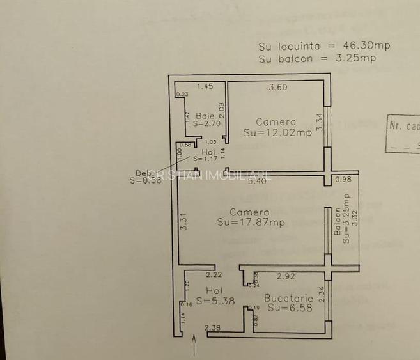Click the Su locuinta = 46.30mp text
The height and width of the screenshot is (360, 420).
pos(324,46)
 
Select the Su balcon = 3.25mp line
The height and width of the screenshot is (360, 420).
pos(317,58)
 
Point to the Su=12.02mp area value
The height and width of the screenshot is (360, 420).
pos(277,133)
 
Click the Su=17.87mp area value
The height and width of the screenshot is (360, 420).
pos(251,223)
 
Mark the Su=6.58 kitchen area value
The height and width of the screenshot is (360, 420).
pos(290,308)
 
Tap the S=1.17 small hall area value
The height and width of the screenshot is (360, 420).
pos(206,159)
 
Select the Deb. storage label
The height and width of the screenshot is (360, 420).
pos(143,172)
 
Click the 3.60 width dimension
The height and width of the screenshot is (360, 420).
pos(277,88)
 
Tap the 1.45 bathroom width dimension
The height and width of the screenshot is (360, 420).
pos(205,86)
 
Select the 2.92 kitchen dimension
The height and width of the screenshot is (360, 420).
pos(286,276)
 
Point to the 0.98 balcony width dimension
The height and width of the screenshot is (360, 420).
pos(343,180)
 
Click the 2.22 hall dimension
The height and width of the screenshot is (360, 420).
pos(214,275)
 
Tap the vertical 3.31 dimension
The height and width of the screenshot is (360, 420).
pos(183,221)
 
